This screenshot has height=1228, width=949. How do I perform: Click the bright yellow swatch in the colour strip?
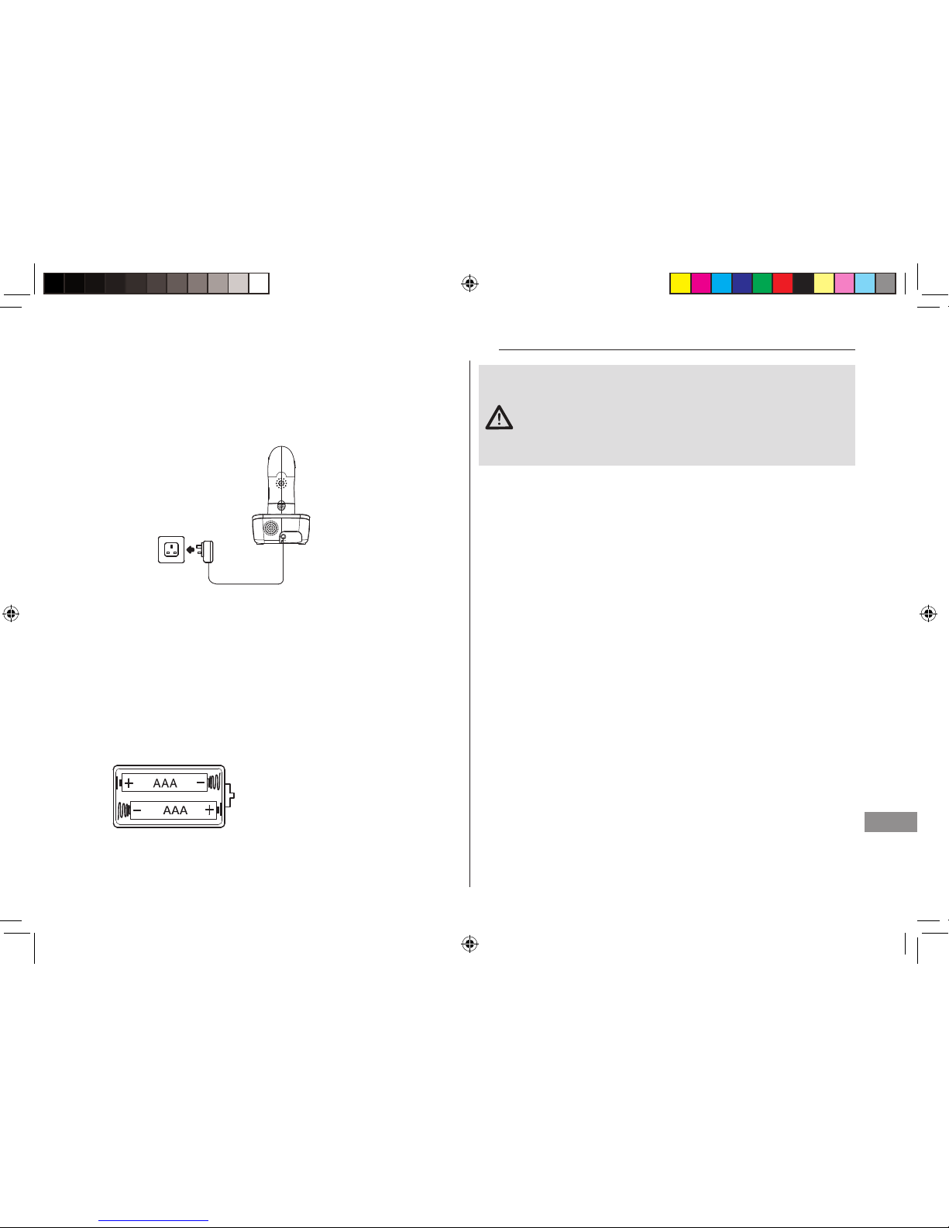tap(680, 283)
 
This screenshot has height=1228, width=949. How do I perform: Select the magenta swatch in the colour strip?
tap(700, 283)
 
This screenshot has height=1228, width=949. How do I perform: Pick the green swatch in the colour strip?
tap(762, 283)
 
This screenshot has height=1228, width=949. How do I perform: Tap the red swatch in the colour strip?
tap(782, 283)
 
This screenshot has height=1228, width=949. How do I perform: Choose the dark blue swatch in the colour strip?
tap(741, 283)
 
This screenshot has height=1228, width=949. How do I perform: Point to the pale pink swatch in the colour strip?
tap(844, 283)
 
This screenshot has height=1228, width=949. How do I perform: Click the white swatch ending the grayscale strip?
tap(259, 283)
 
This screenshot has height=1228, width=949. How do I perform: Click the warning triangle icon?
tap(499, 418)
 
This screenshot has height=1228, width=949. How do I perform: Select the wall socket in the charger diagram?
tap(171, 549)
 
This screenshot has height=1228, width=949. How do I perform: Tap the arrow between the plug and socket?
tap(191, 549)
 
